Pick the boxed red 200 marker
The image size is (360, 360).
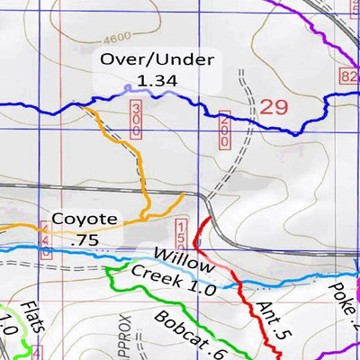(223, 130)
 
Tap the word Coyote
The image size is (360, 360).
(84, 218)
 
